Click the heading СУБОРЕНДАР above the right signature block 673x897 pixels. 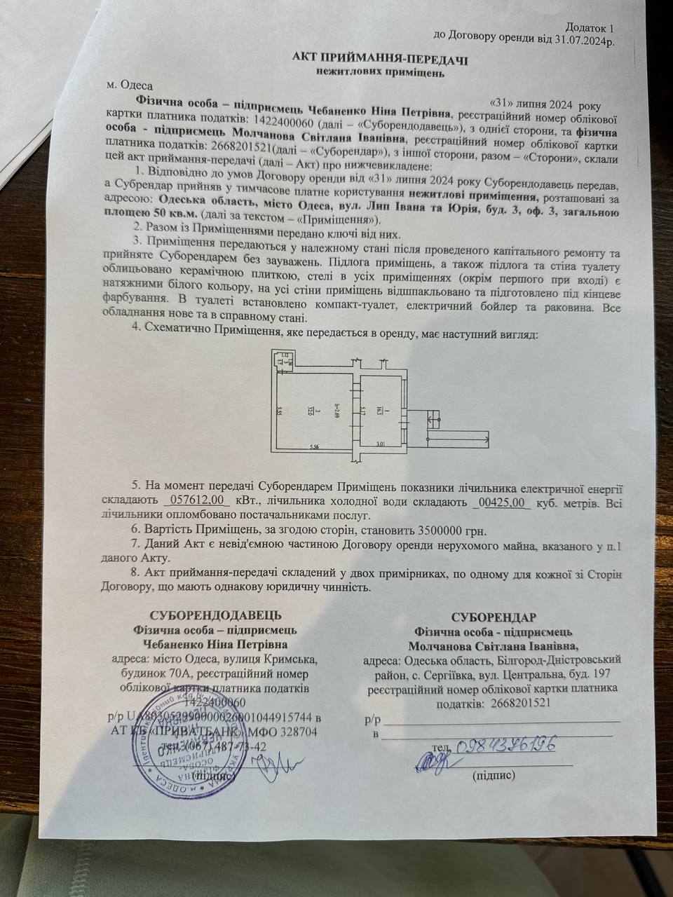pos(494,617)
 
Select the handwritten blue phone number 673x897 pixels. pos(505,746)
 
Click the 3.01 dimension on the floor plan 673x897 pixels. pos(381,444)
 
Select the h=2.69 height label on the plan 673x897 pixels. pos(336,410)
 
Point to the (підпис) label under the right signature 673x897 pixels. pos(494,776)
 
